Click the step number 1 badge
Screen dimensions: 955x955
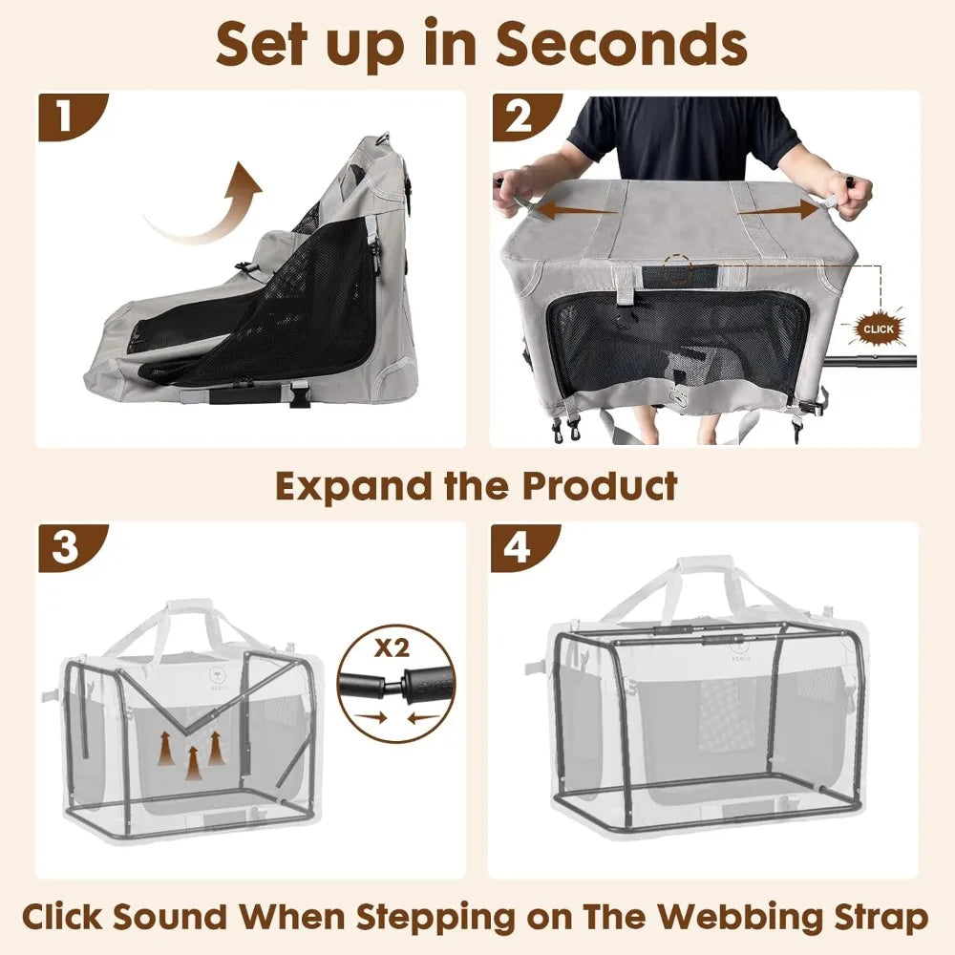64,117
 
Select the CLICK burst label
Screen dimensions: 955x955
878,329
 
